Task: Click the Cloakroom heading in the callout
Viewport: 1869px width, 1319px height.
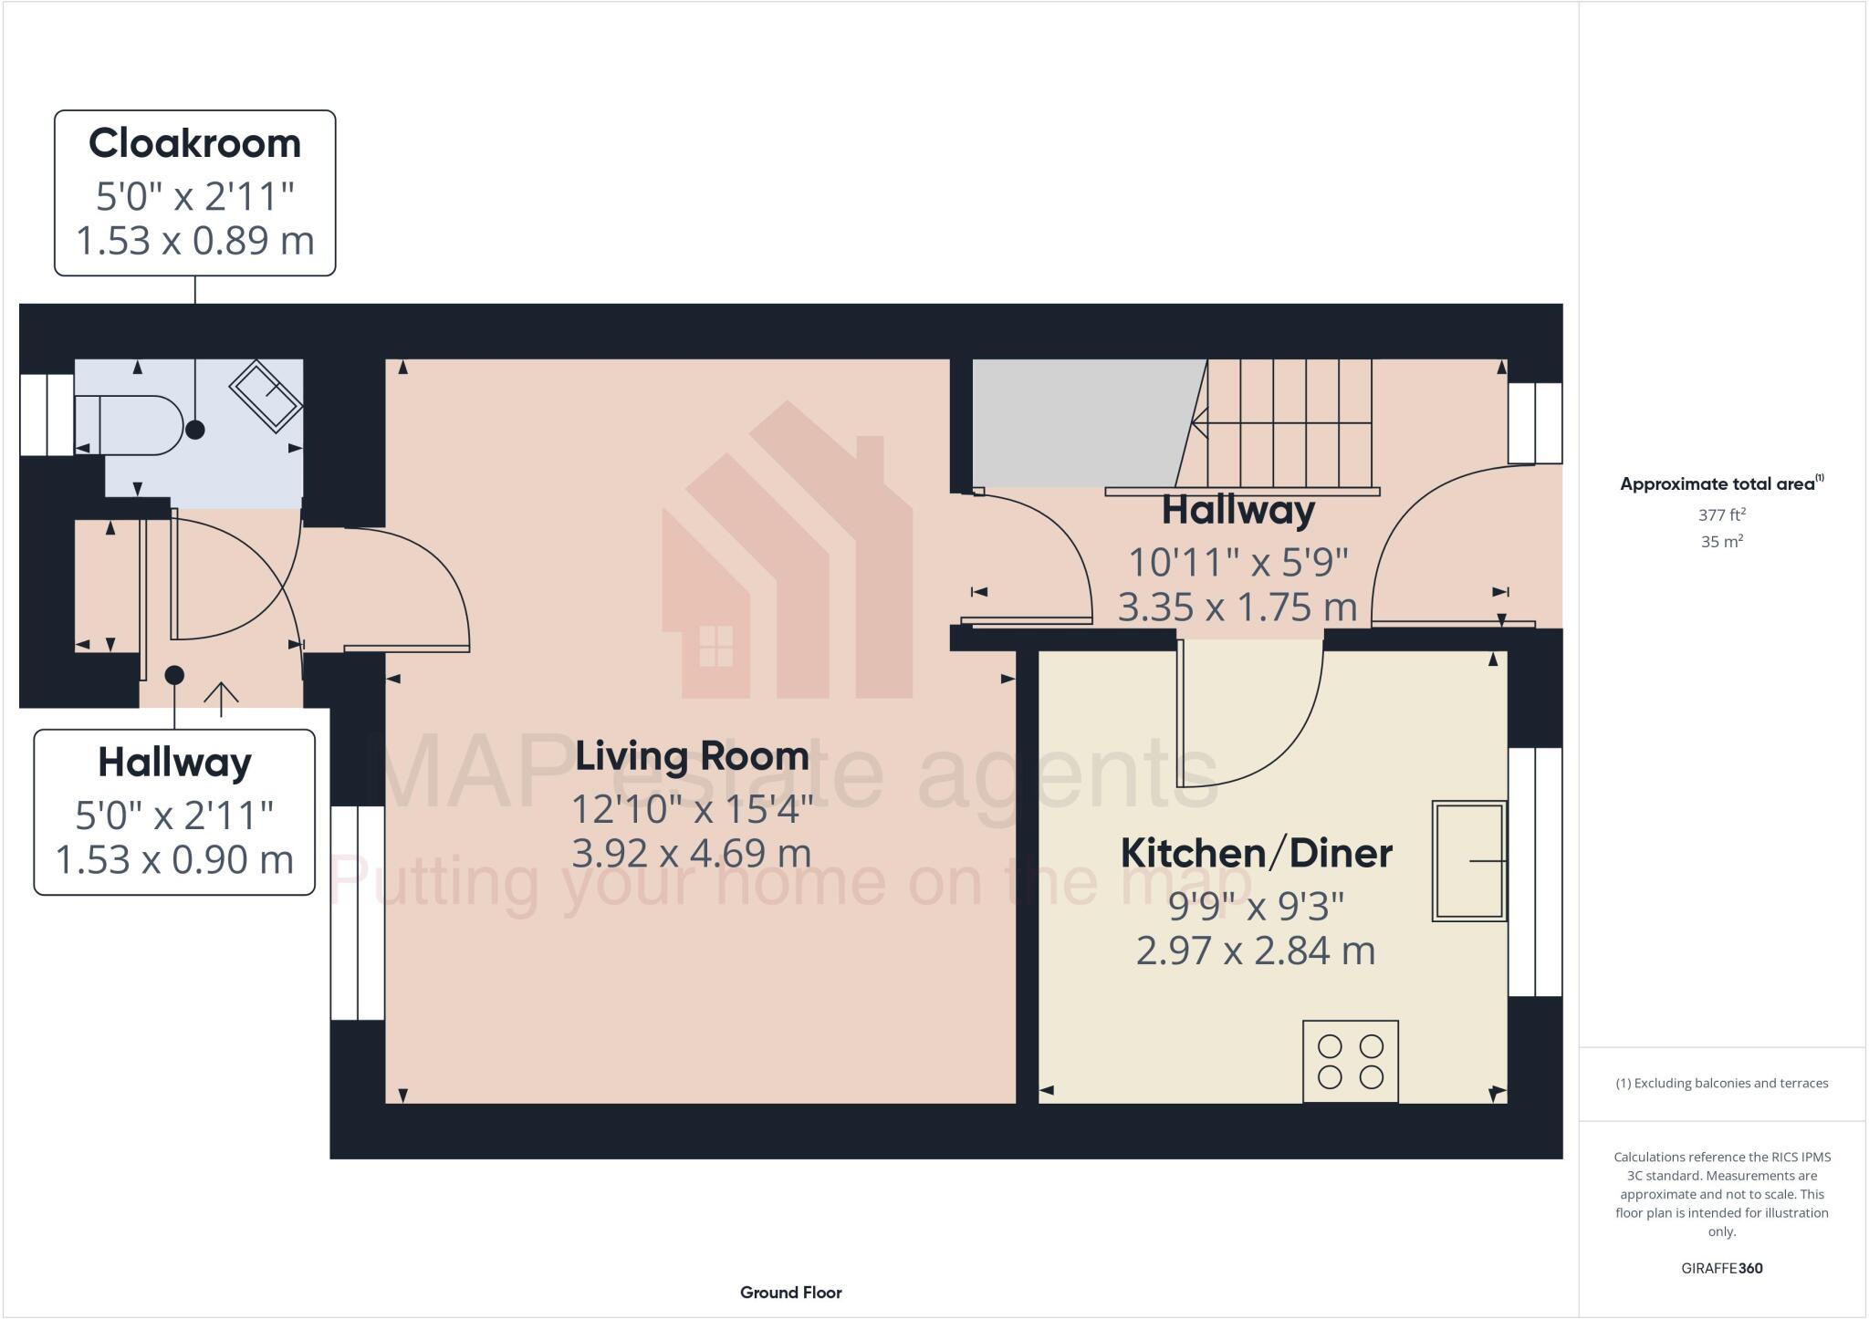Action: click(x=194, y=144)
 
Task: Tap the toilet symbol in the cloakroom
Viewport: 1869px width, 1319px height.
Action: click(x=128, y=424)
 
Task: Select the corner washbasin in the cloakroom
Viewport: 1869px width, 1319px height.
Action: click(x=266, y=397)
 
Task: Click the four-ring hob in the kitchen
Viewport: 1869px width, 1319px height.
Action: click(x=1351, y=1061)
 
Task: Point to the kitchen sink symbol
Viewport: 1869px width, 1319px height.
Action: click(x=1468, y=860)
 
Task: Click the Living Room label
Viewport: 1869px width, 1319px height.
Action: click(x=692, y=756)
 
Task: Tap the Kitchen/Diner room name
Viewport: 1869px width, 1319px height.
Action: click(x=1256, y=854)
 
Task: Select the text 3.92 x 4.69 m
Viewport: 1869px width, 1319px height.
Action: click(x=692, y=854)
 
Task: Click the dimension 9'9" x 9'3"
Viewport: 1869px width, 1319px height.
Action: click(x=1256, y=907)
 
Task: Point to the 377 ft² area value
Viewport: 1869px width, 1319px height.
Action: click(x=1721, y=514)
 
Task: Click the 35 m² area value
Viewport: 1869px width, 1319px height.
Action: click(x=1721, y=542)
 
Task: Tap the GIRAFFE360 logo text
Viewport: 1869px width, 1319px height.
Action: click(x=1721, y=1268)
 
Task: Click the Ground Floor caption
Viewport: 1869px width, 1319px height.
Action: click(x=790, y=1293)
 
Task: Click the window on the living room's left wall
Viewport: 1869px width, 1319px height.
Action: click(x=357, y=912)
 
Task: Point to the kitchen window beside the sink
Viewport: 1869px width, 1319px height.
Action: click(x=1535, y=871)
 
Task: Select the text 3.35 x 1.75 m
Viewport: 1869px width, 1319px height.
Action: click(x=1237, y=608)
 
